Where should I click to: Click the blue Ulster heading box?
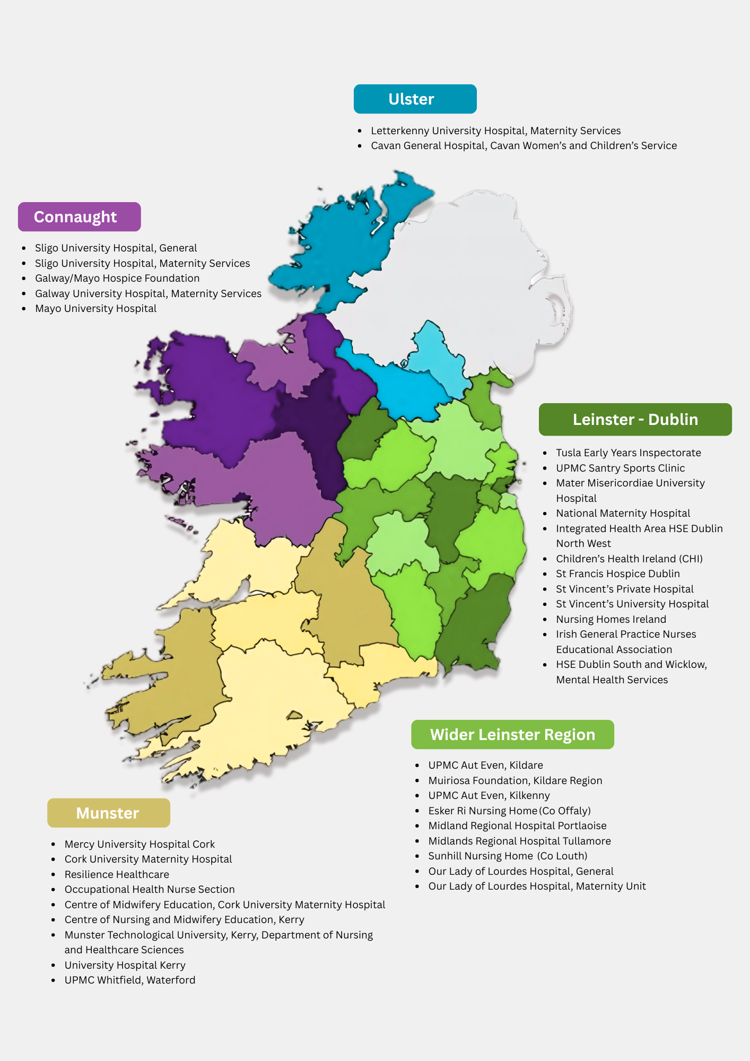415,99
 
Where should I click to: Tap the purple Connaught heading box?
79,217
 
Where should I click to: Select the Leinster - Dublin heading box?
635,420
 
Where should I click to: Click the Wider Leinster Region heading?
512,735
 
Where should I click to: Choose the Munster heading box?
108,813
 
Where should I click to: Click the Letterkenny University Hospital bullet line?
495,131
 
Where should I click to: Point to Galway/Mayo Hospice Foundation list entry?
117,278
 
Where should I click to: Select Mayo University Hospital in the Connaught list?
95,308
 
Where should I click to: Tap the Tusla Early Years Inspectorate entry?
628,453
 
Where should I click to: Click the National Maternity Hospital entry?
623,513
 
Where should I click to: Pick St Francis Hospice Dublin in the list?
617,573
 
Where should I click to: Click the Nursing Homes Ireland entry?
611,619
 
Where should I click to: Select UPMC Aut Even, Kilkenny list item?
489,795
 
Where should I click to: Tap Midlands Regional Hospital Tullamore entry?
519,841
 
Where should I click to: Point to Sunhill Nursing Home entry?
508,856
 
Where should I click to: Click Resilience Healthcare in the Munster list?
117,874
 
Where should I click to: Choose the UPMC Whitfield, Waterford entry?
129,980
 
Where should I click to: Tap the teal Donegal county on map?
339,249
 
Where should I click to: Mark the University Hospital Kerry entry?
125,965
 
